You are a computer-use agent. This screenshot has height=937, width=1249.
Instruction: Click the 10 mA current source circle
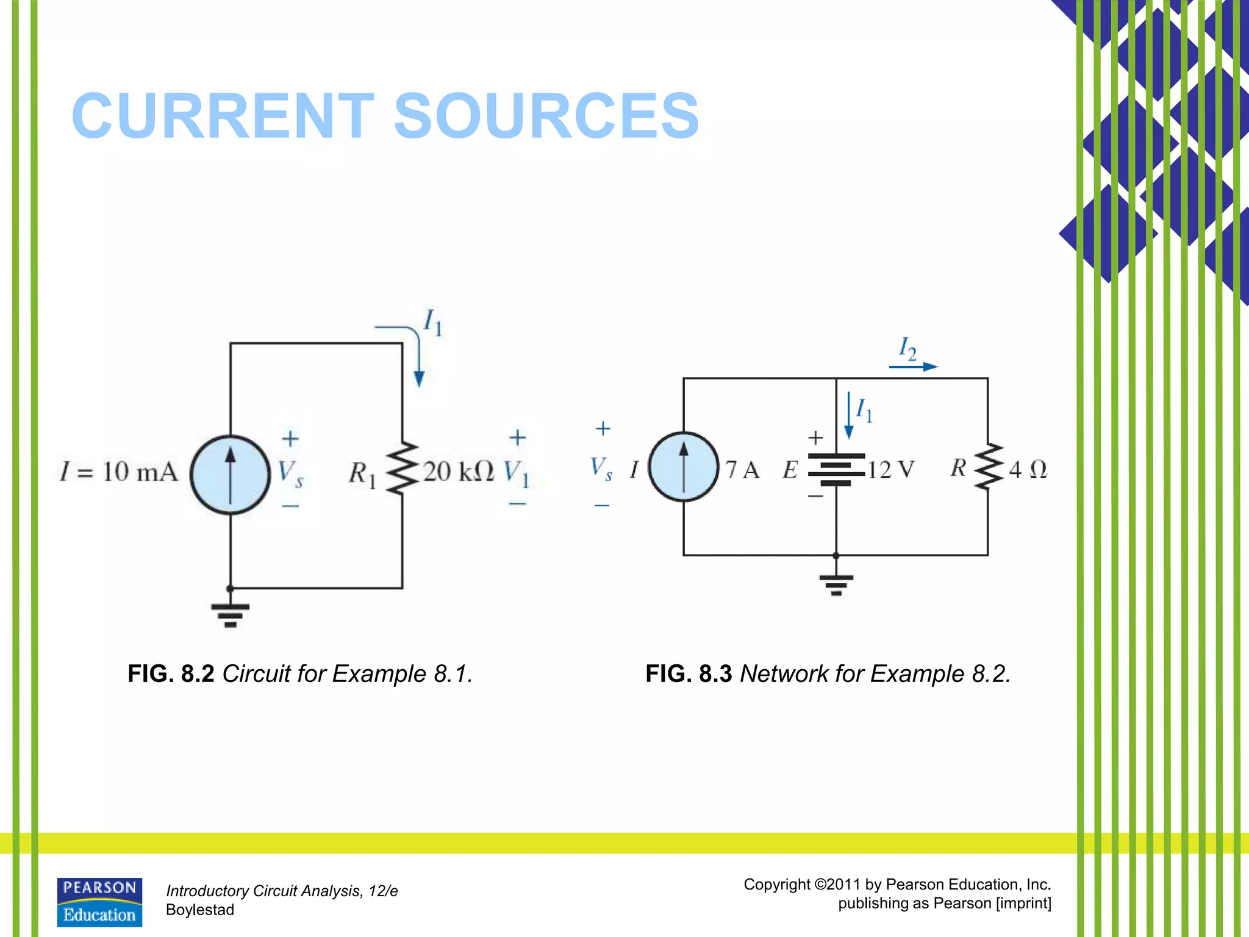230,475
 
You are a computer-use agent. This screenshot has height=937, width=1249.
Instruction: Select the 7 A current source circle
683,467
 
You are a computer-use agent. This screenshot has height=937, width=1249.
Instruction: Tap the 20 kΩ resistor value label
459,472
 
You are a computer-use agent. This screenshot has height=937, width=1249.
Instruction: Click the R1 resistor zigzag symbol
402,468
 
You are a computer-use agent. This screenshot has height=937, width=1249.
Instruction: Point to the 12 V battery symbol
836,470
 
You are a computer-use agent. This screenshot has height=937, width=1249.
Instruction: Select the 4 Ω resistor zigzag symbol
988,467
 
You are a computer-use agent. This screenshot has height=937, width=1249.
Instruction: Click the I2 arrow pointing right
913,367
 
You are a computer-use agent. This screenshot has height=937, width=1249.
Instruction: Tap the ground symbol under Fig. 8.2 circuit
230,615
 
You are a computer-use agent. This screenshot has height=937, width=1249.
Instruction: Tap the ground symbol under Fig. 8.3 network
836,584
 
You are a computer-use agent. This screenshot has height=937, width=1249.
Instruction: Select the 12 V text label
891,470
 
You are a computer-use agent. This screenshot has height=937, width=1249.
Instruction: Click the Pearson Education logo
99,902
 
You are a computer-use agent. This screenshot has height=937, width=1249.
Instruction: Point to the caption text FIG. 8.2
171,674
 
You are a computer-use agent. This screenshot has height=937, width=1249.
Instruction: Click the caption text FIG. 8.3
689,674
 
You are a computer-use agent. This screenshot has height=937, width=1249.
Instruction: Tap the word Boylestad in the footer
200,910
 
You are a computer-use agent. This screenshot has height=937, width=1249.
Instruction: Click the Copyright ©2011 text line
897,885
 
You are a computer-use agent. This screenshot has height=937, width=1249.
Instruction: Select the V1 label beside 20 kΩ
517,473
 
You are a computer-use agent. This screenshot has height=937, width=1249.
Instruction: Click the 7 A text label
742,470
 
